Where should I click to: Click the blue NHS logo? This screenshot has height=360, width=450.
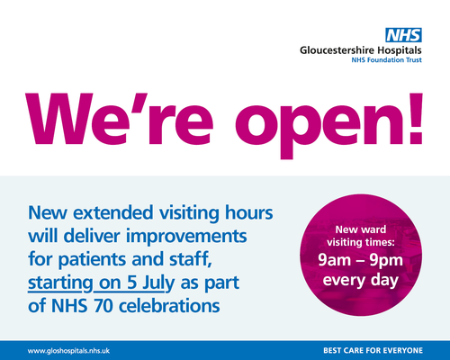[x=403, y=35]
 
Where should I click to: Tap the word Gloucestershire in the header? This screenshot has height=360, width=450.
[x=337, y=50]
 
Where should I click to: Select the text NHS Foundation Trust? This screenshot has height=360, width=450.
[x=386, y=60]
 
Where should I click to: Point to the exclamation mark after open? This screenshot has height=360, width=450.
[x=415, y=119]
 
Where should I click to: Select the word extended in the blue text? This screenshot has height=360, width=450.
[x=113, y=212]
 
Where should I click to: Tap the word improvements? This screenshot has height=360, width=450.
[x=186, y=237]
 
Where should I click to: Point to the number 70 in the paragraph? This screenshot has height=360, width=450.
[x=103, y=306]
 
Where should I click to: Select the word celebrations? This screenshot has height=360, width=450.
[x=169, y=306]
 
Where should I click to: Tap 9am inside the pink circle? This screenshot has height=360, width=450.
[x=334, y=260]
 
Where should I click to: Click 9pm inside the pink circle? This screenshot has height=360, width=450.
[x=386, y=261]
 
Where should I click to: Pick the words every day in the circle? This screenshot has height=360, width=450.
[x=361, y=281]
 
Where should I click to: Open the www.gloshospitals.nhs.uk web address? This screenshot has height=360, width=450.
[x=68, y=351]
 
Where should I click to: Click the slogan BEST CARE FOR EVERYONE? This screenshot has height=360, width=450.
[x=373, y=350]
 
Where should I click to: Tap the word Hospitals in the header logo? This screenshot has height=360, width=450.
[x=400, y=50]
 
